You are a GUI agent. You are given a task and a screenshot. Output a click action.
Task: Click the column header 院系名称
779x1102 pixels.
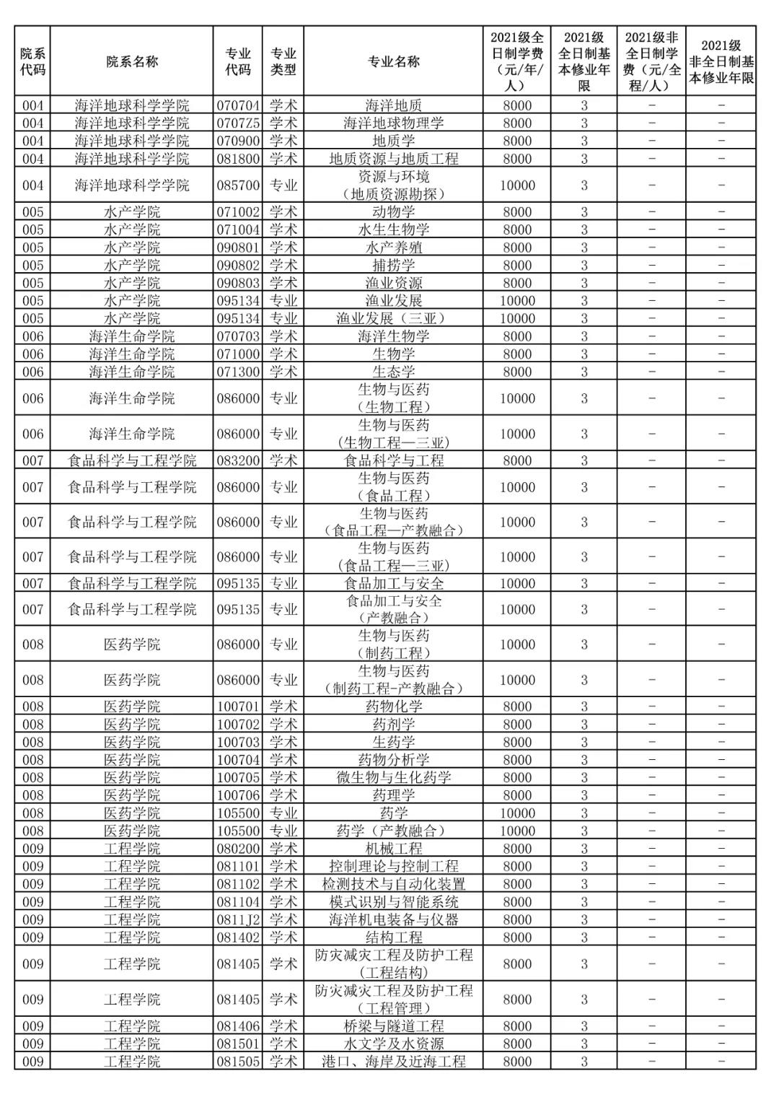pos(132,61)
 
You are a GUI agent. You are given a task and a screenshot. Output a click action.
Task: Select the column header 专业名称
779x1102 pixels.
pos(394,61)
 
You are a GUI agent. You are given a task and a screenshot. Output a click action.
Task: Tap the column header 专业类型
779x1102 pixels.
pos(283,61)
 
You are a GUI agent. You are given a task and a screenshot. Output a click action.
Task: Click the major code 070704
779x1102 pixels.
pos(238,105)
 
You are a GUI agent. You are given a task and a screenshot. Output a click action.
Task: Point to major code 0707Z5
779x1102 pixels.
pos(238,123)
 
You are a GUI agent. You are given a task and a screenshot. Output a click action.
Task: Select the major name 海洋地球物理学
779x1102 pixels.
pos(394,123)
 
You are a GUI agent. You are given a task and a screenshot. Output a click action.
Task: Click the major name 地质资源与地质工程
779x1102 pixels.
pos(394,159)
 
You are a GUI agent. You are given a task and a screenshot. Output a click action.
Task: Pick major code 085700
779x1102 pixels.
pos(238,185)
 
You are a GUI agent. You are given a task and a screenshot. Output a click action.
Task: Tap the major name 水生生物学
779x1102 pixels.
pos(394,229)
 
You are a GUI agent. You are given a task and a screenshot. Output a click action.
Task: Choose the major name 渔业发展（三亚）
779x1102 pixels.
pos(394,318)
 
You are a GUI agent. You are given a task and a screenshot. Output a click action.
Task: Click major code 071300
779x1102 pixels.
pos(238,372)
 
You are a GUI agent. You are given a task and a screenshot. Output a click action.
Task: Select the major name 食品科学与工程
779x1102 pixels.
pos(394,460)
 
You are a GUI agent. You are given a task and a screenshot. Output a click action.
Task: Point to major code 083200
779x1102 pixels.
pos(238,460)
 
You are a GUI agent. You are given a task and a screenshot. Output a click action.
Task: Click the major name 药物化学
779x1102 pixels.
pos(394,707)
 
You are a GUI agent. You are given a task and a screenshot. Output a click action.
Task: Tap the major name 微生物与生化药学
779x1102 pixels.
pos(394,777)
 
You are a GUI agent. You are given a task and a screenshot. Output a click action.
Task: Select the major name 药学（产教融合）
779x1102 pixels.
pos(394,831)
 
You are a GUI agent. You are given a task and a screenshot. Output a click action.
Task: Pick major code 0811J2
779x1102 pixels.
pos(238,919)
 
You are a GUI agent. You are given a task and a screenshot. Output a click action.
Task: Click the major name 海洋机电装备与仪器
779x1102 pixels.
pos(394,919)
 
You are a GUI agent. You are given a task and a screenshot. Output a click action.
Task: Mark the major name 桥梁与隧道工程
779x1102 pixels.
pos(394,1026)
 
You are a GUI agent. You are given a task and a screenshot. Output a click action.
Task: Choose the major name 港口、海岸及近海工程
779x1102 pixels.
pos(394,1062)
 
